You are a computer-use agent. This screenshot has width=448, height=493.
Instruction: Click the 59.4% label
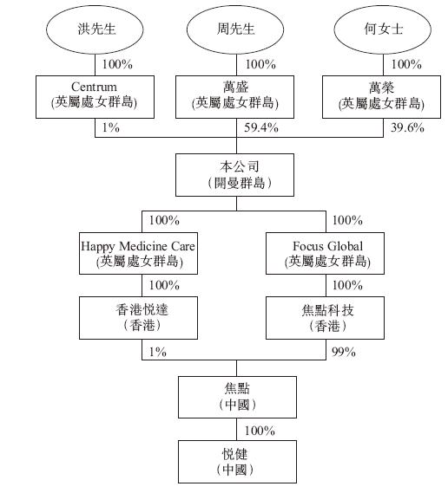click(261, 127)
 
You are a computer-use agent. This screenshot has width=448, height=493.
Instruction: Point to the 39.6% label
click(408, 127)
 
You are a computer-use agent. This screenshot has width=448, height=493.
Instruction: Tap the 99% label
click(344, 352)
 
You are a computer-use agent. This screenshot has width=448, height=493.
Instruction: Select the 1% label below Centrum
click(110, 127)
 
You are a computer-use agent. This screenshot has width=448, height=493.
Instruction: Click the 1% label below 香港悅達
click(157, 352)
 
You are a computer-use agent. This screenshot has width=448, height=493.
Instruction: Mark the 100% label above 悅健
click(260, 431)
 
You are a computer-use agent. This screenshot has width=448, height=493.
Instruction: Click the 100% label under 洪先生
click(117, 64)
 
